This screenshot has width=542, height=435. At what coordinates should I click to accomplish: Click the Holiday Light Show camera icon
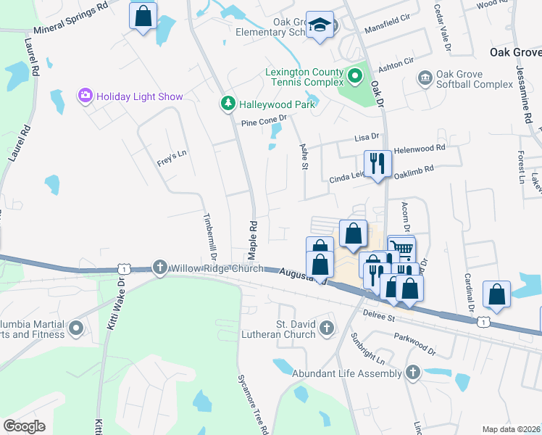point(86,96)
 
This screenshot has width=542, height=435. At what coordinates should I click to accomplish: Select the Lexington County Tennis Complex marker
point(355,75)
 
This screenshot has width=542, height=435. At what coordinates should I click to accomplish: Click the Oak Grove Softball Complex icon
point(425,77)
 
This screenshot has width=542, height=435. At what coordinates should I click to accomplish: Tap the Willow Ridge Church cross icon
point(159,268)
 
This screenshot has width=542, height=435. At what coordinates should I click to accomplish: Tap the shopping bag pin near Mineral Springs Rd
point(143,15)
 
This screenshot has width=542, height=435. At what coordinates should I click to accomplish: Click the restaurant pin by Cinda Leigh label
point(377,163)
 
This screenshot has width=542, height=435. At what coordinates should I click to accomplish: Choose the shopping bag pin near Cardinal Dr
point(496,294)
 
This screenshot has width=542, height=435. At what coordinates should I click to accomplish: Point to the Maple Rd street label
point(253,232)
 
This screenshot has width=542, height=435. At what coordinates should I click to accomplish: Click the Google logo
point(23,426)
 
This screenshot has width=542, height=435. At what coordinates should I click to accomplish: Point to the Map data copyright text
point(511,429)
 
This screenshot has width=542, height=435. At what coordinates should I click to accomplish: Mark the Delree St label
point(379,318)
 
